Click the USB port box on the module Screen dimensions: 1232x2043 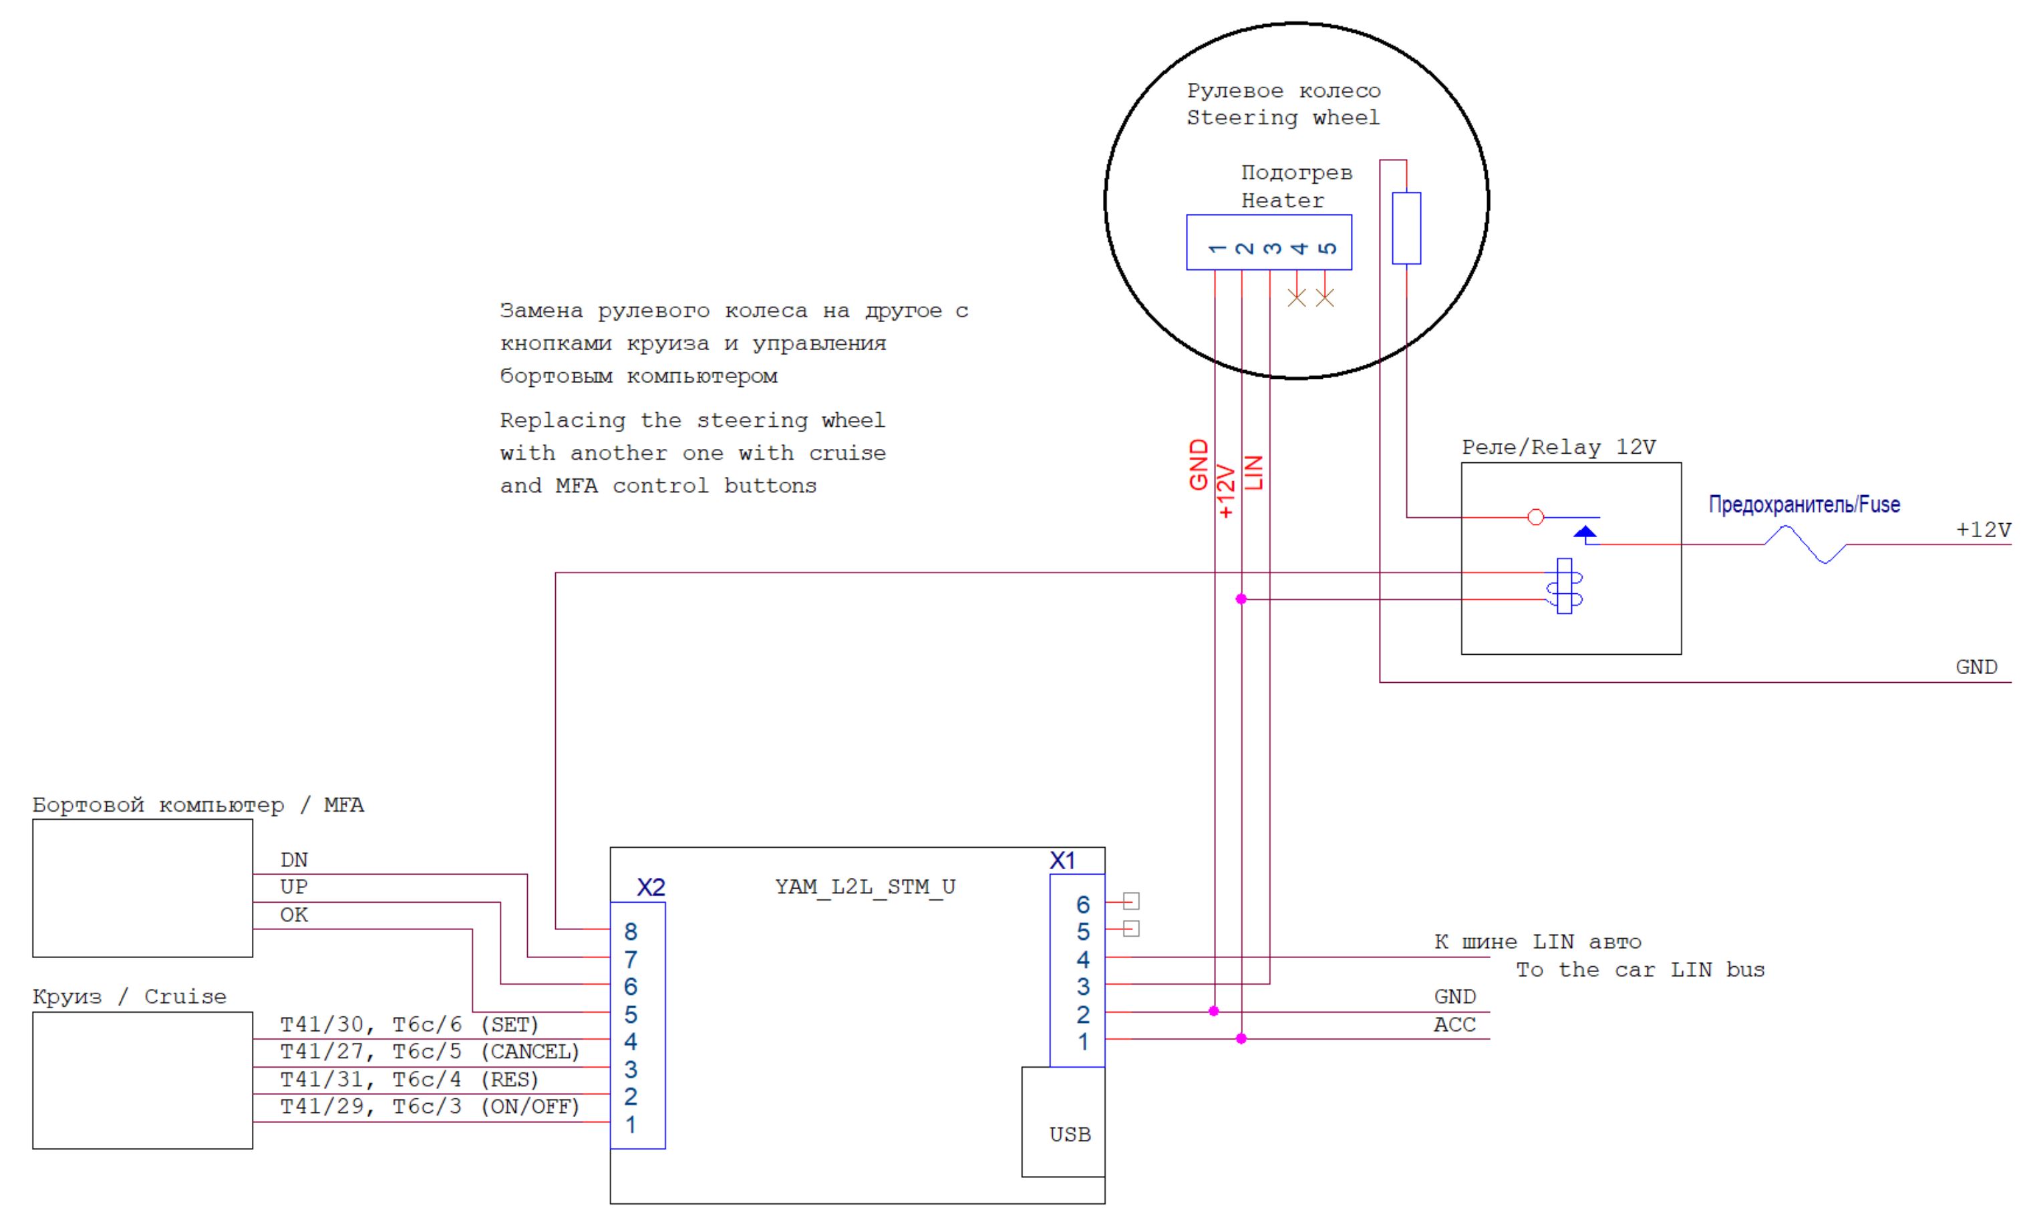(1063, 1121)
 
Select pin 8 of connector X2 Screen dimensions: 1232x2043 (631, 932)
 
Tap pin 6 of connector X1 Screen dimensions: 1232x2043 (1083, 905)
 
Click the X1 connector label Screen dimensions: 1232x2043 (1062, 861)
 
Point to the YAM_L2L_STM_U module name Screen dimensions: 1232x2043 (865, 887)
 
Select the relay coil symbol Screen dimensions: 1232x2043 (1565, 586)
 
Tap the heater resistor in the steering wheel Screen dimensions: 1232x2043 (1406, 228)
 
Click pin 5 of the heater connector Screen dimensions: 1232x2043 (1327, 248)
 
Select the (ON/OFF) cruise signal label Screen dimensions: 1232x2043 (530, 1107)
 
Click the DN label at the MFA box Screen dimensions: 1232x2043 (293, 860)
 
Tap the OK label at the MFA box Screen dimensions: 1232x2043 (293, 915)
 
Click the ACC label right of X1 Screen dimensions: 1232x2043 (1454, 1025)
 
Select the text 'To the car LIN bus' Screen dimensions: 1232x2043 (1639, 970)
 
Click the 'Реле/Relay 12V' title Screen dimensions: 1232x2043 (1558, 448)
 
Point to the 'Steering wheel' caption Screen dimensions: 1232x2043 (1283, 118)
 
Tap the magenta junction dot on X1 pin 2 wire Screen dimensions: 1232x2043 (1214, 1012)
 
